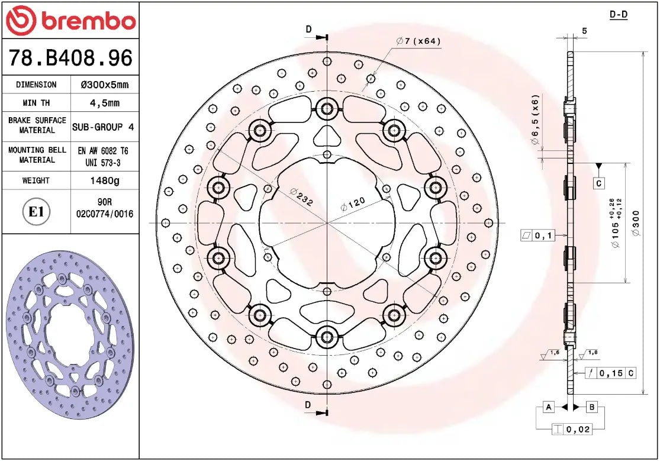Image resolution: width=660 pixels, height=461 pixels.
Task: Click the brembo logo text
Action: click(87, 22)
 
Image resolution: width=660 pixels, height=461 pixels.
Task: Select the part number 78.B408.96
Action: click(70, 58)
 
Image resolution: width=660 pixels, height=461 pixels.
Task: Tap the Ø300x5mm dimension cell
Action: click(104, 85)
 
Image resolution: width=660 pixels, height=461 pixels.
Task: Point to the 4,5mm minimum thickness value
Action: click(104, 103)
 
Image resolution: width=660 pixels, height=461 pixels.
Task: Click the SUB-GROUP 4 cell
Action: click(103, 127)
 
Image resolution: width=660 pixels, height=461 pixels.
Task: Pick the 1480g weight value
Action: click(104, 180)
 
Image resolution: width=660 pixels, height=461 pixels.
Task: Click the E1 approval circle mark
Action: click(37, 212)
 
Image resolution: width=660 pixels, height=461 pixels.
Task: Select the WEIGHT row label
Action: click(36, 180)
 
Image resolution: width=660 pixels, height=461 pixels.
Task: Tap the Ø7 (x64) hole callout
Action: click(418, 41)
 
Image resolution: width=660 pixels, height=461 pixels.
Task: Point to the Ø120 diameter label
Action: click(353, 205)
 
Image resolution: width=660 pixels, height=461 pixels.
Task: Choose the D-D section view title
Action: click(619, 14)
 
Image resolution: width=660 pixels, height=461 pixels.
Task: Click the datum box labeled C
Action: click(599, 183)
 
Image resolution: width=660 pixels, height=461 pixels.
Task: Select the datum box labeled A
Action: click(549, 407)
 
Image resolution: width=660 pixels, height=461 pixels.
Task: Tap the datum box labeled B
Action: click(592, 407)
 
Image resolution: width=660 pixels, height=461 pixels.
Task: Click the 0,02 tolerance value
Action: click(578, 430)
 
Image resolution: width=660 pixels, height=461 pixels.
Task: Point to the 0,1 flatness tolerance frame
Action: click(537, 236)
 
